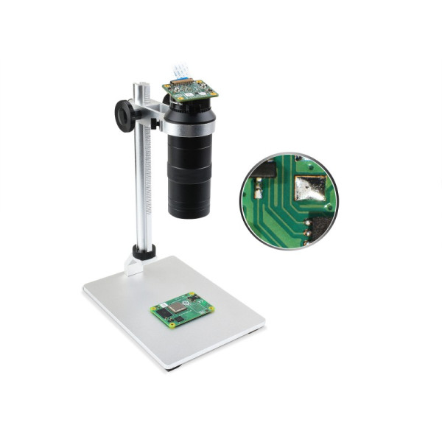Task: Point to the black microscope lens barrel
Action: [x=189, y=173]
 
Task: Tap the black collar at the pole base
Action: [x=144, y=252]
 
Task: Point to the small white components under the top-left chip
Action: [x=257, y=193]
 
